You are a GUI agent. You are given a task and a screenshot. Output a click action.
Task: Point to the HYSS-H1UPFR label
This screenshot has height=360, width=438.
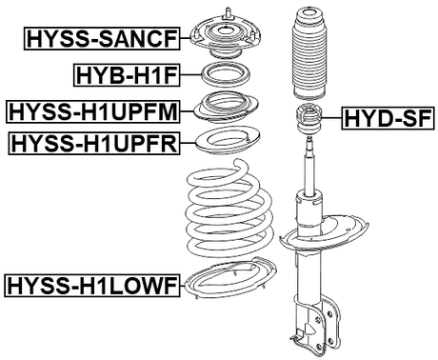pos(94,145)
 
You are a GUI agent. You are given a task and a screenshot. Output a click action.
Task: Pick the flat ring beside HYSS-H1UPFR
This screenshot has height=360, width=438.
pos(226,144)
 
